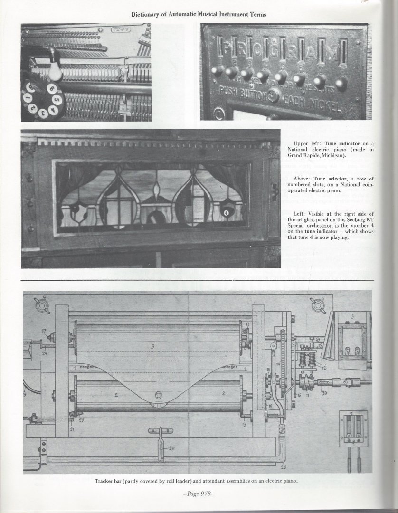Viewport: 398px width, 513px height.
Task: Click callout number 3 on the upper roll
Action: [x=152, y=346]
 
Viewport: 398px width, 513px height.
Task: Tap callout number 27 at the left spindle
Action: [x=44, y=331]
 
